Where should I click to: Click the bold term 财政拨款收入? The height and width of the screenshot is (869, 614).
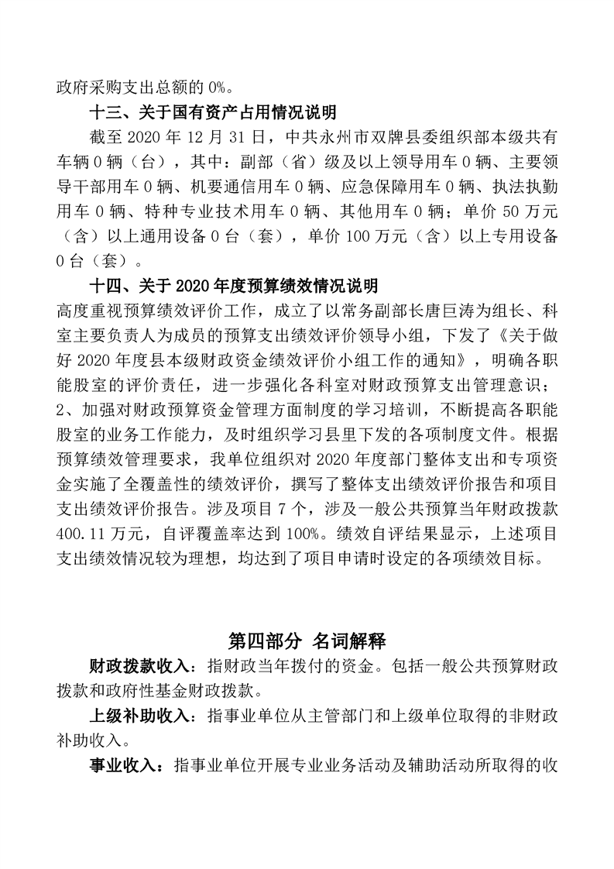tap(139, 666)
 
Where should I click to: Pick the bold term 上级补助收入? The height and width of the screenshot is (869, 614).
tap(139, 716)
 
